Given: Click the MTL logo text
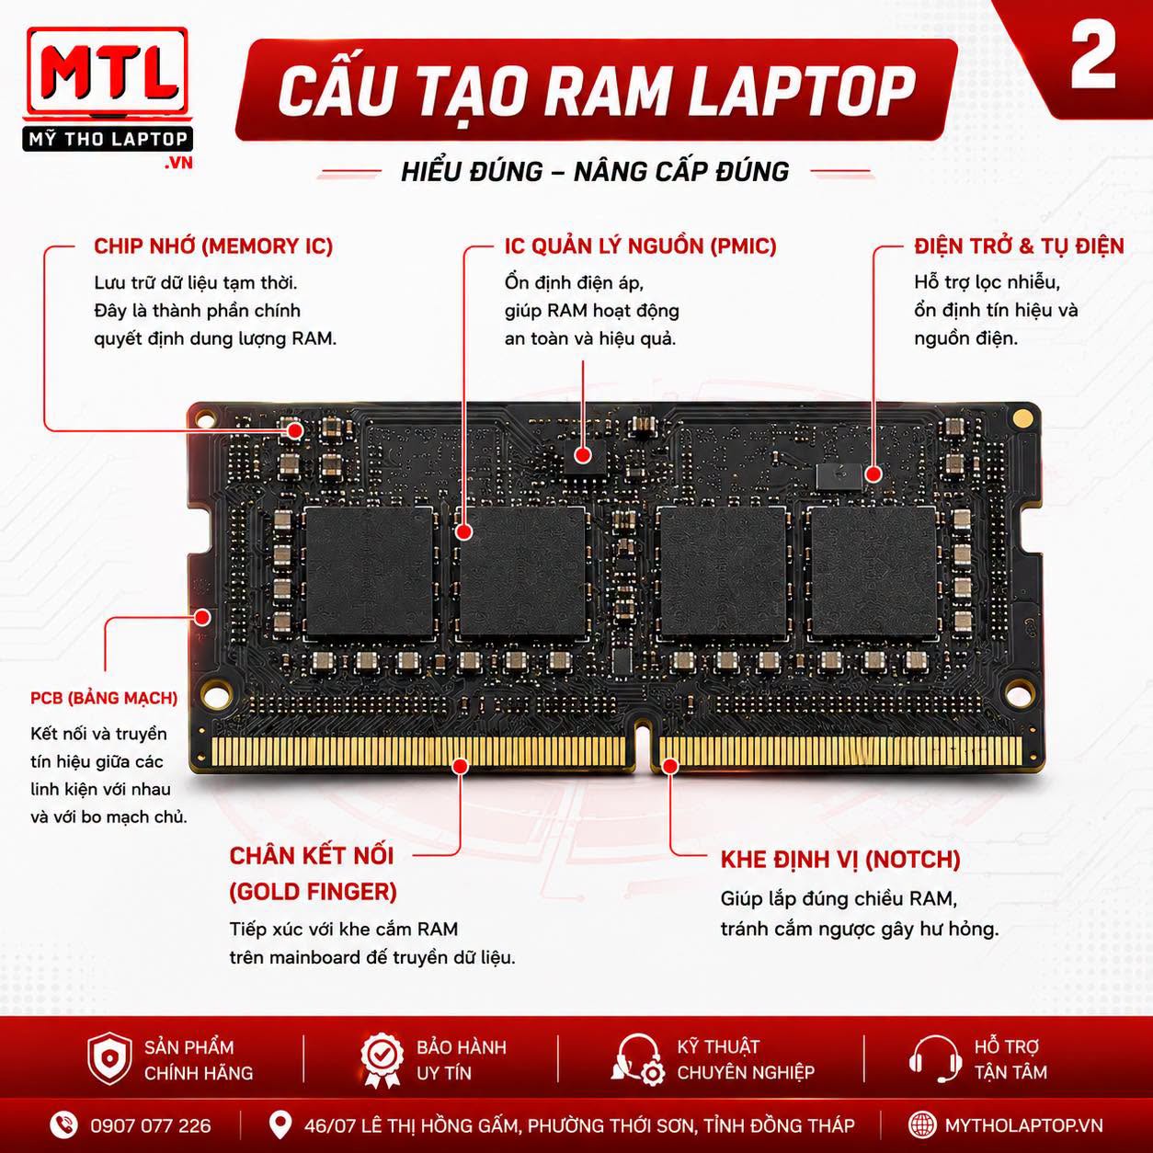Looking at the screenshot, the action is pyautogui.click(x=108, y=74).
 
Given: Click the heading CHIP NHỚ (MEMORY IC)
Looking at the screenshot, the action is pyautogui.click(x=213, y=246).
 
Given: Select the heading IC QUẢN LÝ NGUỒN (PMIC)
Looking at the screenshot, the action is pyautogui.click(x=640, y=246).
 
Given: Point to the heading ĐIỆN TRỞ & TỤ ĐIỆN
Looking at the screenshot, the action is pyautogui.click(x=1019, y=246).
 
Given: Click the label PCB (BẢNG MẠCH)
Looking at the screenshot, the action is pyautogui.click(x=104, y=698).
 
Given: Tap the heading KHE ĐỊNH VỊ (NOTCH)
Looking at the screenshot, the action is pyautogui.click(x=840, y=860).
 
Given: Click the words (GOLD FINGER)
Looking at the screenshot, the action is pyautogui.click(x=313, y=892).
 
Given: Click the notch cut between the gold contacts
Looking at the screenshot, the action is pyautogui.click(x=643, y=746).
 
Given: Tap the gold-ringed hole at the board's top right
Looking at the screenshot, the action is pyautogui.click(x=1022, y=417).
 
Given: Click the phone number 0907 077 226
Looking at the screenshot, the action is pyautogui.click(x=151, y=1126).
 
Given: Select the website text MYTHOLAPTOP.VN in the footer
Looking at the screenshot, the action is pyautogui.click(x=1023, y=1125).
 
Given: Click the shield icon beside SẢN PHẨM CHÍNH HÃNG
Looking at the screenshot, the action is pyautogui.click(x=109, y=1059).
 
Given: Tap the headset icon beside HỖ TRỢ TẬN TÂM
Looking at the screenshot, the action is pyautogui.click(x=936, y=1059).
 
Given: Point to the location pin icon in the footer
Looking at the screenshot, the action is pyautogui.click(x=280, y=1125).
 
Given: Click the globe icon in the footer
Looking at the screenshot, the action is pyautogui.click(x=922, y=1125).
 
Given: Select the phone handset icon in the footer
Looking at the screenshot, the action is pyautogui.click(x=63, y=1125).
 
